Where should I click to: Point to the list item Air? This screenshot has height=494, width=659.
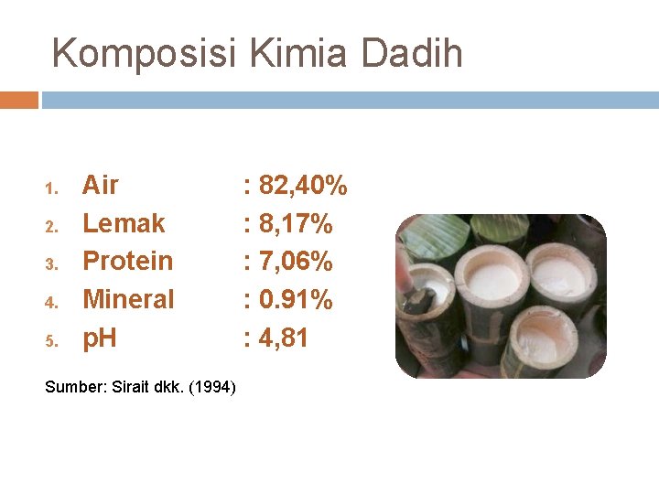(101, 186)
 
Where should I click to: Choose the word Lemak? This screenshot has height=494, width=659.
(124, 223)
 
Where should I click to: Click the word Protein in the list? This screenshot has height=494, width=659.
(127, 262)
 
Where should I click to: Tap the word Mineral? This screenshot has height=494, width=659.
(128, 299)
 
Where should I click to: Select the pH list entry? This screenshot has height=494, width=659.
(100, 338)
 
